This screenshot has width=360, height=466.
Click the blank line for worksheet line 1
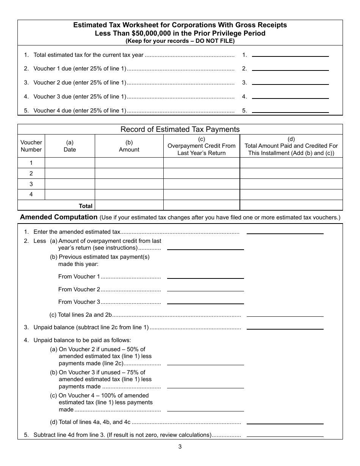(290, 53)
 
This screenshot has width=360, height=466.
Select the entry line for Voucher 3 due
(290, 95)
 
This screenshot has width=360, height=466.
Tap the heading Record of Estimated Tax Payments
(180, 129)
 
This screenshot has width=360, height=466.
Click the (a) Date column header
(70, 146)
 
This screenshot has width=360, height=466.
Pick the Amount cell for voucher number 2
(129, 174)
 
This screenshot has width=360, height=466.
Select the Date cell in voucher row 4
(70, 195)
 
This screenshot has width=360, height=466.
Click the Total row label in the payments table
(85, 206)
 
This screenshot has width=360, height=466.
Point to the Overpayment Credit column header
(202, 146)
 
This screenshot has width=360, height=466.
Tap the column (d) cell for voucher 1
(291, 163)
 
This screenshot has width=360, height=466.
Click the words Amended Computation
(59, 217)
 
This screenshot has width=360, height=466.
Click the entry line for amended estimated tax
(285, 231)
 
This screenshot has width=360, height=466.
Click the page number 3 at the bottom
(180, 447)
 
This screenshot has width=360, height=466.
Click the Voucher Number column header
(31, 146)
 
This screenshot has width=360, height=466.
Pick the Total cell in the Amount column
(129, 205)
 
